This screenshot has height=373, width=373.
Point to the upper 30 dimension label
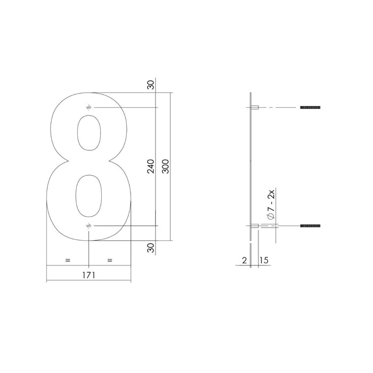(x=151, y=85)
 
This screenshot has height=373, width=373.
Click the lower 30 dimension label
(x=151, y=247)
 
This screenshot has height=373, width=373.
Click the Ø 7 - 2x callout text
(x=270, y=205)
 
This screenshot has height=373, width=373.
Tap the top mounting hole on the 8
(x=88, y=108)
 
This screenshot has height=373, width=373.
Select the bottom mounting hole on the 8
(x=88, y=226)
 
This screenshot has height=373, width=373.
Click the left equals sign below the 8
(x=68, y=260)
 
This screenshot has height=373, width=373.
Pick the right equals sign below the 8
(x=109, y=260)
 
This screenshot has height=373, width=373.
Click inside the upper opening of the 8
(x=88, y=133)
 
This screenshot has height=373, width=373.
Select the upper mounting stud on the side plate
(x=255, y=108)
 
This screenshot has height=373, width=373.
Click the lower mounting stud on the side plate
(x=255, y=226)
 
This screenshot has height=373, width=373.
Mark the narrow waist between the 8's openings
(x=88, y=162)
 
